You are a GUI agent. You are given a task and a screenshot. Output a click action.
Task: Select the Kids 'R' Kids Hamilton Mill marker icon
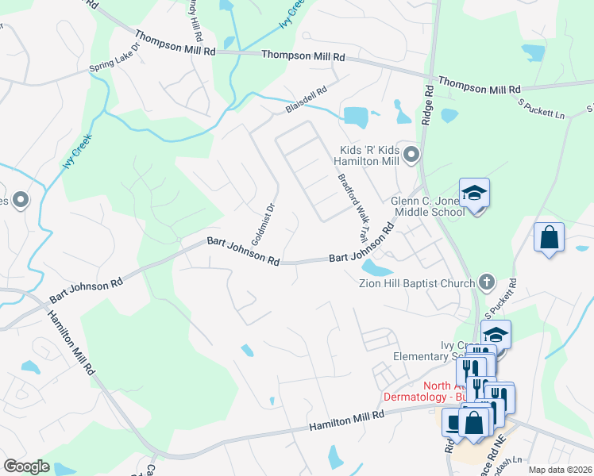pyautogui.click(x=411, y=153)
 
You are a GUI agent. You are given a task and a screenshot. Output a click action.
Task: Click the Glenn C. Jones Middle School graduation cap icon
pyautogui.click(x=474, y=193)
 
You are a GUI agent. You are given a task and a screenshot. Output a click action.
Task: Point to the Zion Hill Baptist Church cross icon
pyautogui.click(x=488, y=282)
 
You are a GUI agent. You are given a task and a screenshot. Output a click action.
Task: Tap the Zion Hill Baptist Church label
pyautogui.click(x=421, y=282)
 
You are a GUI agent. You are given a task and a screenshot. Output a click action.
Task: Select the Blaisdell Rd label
pyautogui.click(x=307, y=99)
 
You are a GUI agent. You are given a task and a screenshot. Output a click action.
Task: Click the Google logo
pyautogui.click(x=26, y=466)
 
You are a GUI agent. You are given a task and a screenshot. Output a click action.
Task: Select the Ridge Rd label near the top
pyautogui.click(x=428, y=104)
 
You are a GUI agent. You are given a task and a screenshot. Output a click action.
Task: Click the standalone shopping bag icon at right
pyautogui.click(x=549, y=237)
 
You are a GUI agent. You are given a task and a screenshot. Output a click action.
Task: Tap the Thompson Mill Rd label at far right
pyautogui.click(x=480, y=85)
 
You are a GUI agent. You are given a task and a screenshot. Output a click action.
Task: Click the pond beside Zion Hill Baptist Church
pyautogui.click(x=377, y=270)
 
